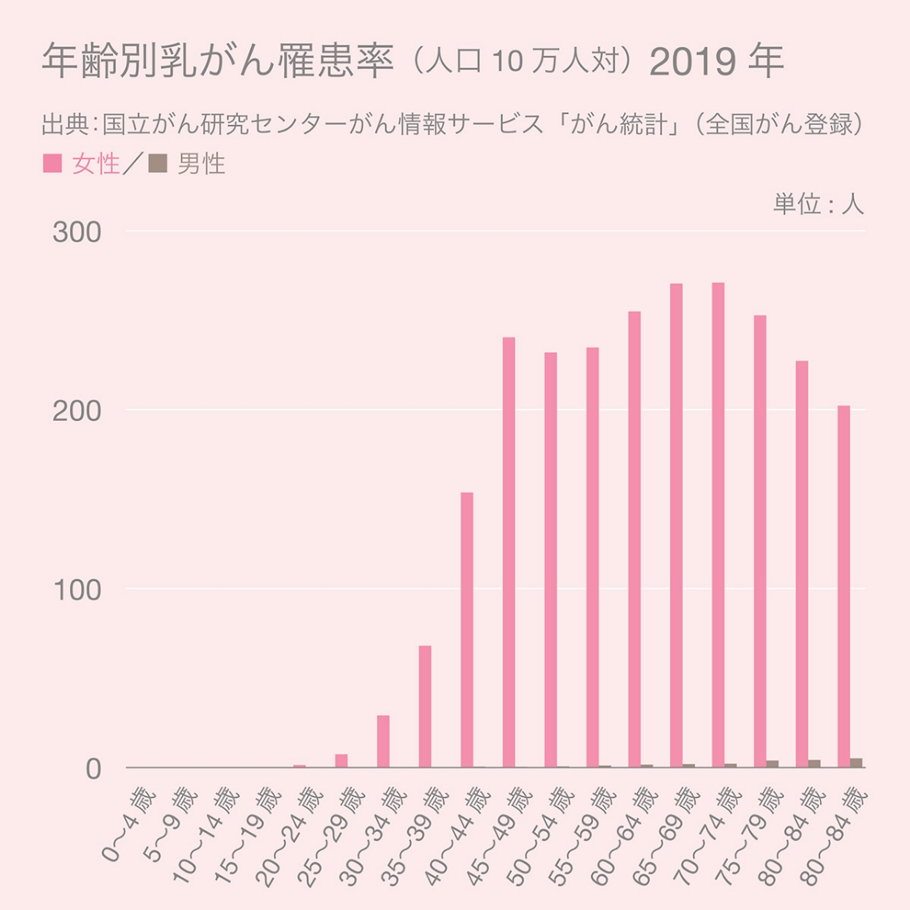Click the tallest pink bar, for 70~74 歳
coord(718,524)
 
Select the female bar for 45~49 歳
coord(509,552)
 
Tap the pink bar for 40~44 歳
coord(467,630)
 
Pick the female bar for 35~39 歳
coord(425,706)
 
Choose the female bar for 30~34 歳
coord(383,741)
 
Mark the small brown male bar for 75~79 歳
coord(772,764)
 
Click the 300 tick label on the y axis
coord(76,232)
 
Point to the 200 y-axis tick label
coord(76,411)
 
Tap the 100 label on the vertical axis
coord(76,590)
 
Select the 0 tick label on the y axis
coord(92,769)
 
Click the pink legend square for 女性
coord(52,163)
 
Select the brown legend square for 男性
coord(158,163)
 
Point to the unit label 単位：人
coord(817,204)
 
